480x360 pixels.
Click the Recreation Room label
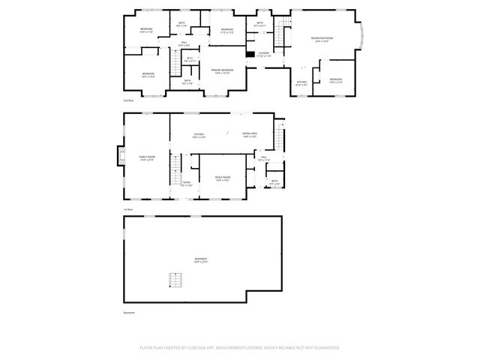pos(322,39)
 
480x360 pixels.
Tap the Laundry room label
pos(264,54)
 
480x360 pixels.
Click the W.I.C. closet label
pos(190,60)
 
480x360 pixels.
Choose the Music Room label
pos(223,178)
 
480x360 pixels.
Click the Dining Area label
pos(250,136)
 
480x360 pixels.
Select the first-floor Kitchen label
pos(199,136)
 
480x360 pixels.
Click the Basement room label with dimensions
pos(201,260)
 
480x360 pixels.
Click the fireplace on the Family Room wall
pos(118,155)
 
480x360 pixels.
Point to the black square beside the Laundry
pos(250,53)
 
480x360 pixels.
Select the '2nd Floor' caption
pos(128,100)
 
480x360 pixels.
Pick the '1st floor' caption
pos(128,209)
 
